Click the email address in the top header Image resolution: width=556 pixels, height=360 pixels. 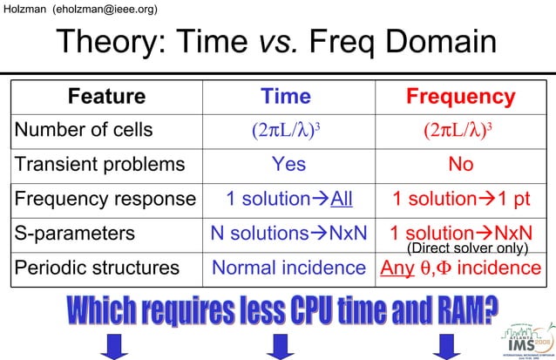(105, 9)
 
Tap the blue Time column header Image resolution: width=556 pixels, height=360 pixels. (286, 97)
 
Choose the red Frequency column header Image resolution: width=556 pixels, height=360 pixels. (460, 97)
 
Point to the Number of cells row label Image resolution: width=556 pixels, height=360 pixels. (84, 131)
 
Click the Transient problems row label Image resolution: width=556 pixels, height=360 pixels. (99, 165)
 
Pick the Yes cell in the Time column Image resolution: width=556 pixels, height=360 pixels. (288, 165)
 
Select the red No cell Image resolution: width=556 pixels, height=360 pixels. (460, 165)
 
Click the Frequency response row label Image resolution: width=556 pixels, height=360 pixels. (105, 199)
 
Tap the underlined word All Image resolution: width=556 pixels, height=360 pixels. (342, 199)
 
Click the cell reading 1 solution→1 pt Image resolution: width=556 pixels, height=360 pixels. (460, 199)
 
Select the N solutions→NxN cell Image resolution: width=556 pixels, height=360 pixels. (288, 234)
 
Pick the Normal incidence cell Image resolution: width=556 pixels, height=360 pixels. (288, 268)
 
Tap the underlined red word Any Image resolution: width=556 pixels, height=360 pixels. (397, 268)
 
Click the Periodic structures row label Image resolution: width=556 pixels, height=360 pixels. (97, 268)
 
